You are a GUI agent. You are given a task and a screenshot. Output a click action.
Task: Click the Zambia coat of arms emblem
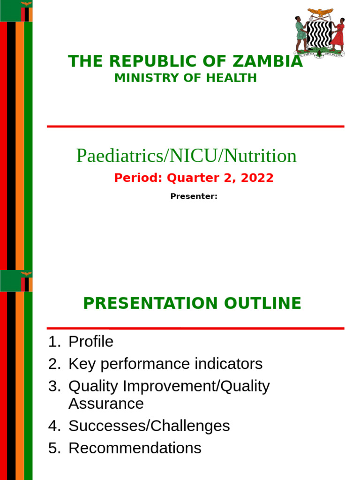point(320,31)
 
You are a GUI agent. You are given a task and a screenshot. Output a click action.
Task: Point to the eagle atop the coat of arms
point(320,12)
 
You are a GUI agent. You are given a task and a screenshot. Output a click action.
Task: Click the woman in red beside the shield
point(338,34)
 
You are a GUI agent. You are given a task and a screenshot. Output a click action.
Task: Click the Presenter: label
point(194,196)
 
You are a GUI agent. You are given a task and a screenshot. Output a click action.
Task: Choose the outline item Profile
point(90,342)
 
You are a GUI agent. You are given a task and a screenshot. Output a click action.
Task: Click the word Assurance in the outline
point(106,404)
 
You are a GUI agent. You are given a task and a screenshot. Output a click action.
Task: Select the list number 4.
point(52,426)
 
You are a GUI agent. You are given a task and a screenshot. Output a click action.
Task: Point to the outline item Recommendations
point(135,448)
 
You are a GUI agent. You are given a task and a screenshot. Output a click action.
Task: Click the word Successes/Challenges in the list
point(149,426)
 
